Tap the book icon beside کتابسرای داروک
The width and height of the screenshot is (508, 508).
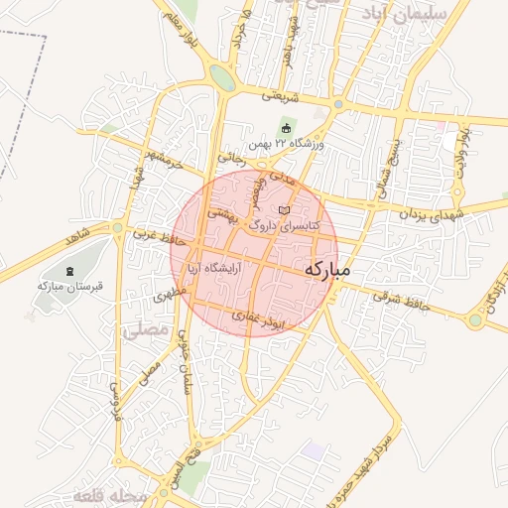tap(286, 211)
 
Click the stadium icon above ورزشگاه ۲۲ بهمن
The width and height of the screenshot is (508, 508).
tap(287, 127)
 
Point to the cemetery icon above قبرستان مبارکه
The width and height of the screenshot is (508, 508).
tap(68, 271)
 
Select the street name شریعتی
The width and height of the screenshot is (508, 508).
tap(280, 96)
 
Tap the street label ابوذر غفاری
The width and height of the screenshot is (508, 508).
tap(259, 319)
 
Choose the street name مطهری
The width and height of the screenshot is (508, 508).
tap(171, 295)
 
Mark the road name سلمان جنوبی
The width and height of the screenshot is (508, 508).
tap(185, 363)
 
